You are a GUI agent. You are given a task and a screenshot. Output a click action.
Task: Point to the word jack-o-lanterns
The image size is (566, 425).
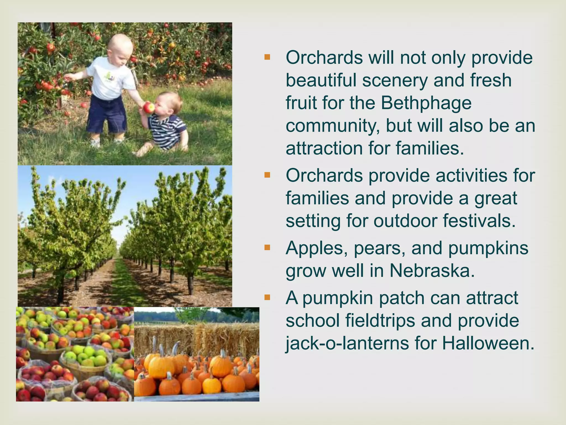[x=347, y=344]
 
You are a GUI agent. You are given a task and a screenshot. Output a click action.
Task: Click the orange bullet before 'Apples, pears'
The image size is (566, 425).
[x=267, y=247]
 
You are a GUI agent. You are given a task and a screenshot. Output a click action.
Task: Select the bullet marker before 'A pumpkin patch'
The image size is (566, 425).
[x=267, y=298]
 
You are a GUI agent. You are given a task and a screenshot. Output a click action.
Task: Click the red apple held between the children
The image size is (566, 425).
[x=149, y=107]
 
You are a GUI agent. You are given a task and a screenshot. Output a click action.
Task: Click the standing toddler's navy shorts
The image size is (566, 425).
[x=106, y=113]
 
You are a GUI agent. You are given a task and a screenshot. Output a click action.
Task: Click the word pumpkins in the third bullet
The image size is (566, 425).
[x=488, y=248]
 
